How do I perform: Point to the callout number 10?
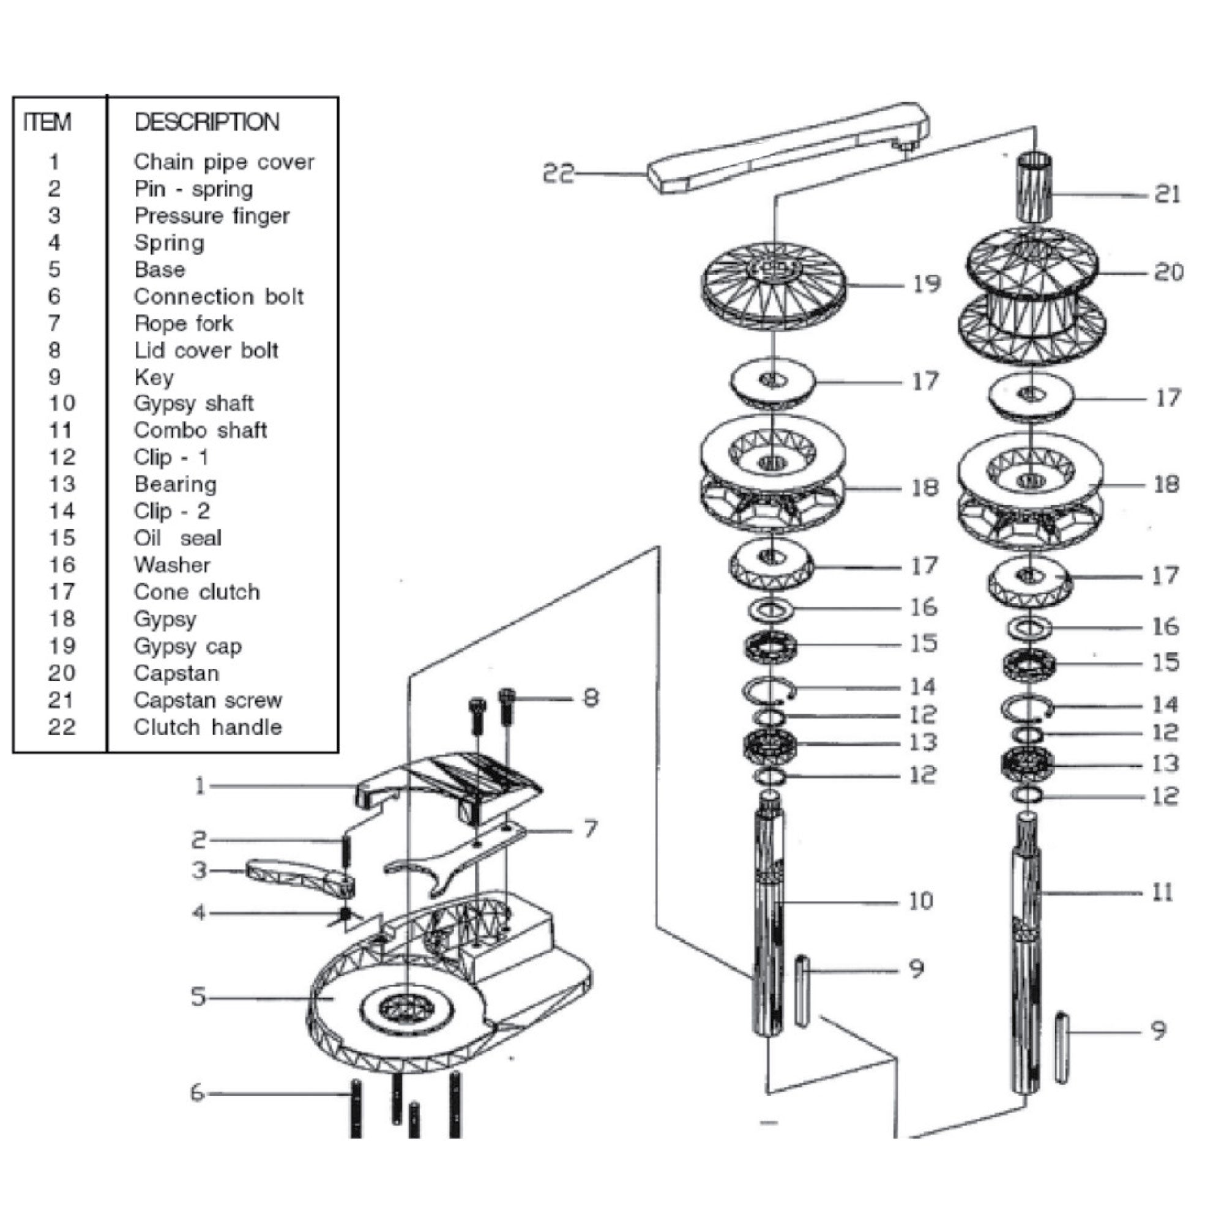click(x=920, y=901)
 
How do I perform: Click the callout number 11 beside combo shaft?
click(x=1162, y=893)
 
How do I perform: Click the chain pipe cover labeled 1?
click(x=450, y=780)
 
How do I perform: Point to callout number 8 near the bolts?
click(x=590, y=698)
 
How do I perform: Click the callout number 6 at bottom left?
click(x=198, y=1093)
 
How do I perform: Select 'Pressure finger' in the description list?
click(x=212, y=216)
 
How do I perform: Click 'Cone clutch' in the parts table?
click(x=196, y=592)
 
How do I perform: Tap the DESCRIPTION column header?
click(x=206, y=122)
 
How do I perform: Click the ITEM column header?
click(x=48, y=122)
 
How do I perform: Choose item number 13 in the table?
click(x=61, y=485)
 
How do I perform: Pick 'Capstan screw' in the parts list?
click(x=208, y=701)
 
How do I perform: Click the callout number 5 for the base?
click(x=198, y=996)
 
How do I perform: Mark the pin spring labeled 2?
click(x=346, y=853)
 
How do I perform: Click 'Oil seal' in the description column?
click(x=177, y=539)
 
